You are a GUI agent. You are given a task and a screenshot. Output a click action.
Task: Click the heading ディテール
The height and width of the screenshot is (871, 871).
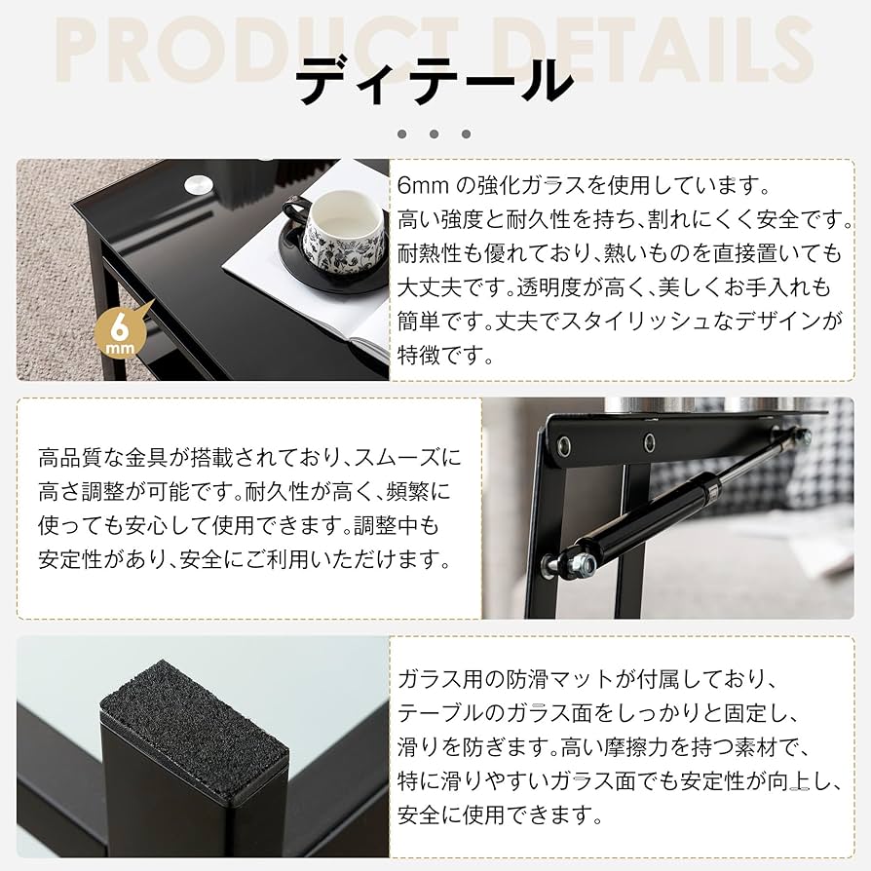(435, 80)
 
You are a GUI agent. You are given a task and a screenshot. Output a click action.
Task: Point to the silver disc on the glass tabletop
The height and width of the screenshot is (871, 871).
(201, 183)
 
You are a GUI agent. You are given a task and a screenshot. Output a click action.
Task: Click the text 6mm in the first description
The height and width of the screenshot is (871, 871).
(420, 185)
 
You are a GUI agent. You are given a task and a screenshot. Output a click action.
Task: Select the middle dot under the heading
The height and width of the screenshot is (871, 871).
(435, 133)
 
